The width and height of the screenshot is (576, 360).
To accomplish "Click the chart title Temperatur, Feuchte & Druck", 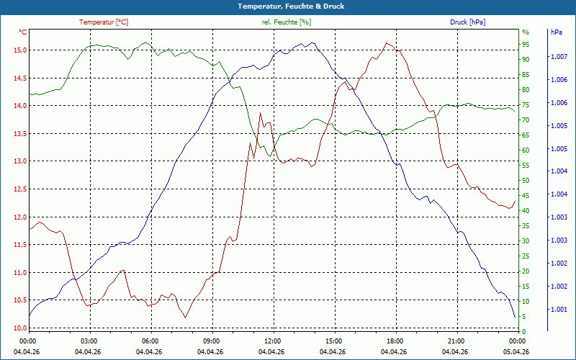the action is point(291,6).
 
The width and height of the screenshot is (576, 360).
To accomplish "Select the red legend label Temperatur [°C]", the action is point(104,22).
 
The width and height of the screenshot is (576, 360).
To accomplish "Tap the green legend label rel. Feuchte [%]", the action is point(286,22).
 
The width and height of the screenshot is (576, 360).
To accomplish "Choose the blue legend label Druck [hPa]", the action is point(467,22).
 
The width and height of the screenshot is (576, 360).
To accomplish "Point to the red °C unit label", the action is point(23,32).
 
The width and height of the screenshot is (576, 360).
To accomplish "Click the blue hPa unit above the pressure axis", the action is point(556,32).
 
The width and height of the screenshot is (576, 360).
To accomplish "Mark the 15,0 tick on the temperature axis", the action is point(21,50).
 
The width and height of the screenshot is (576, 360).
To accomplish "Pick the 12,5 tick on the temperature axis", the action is point(21,189).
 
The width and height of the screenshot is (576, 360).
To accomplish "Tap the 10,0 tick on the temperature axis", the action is point(21,328).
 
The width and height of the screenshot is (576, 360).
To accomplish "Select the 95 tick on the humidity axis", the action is point(526,44).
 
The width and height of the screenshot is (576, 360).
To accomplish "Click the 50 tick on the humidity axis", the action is point(526,180).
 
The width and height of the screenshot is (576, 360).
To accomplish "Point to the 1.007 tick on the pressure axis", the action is point(559,57).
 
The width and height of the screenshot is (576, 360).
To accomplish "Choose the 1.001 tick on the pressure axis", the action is point(559,310).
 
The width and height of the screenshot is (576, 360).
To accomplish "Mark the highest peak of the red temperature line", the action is point(387,43).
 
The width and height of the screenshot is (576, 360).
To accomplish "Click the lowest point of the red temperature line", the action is point(185,318).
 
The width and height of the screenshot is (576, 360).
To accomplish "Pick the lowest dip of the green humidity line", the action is point(270,156).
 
